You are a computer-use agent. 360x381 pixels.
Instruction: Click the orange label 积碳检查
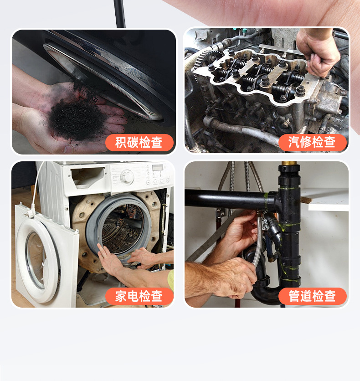139,143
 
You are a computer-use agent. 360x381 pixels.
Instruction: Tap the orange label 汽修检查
312,143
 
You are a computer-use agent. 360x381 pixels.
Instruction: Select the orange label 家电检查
139,296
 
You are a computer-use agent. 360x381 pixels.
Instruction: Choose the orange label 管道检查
312,296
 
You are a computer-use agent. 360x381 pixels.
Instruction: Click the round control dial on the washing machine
127,176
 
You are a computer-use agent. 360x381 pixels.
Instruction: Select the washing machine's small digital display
157,168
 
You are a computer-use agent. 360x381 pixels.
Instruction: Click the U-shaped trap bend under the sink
267,294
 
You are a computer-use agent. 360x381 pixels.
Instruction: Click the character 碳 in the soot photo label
133,143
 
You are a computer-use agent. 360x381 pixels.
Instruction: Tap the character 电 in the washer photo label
133,296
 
